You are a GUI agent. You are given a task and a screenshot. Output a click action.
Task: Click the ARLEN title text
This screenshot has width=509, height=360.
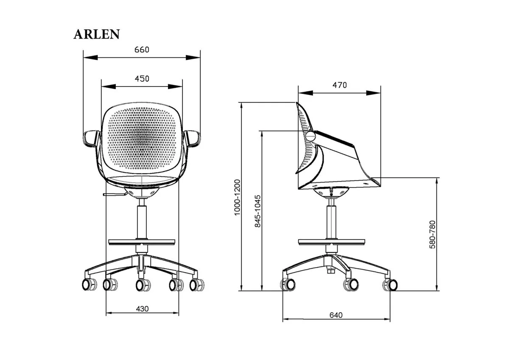[x=97, y=34]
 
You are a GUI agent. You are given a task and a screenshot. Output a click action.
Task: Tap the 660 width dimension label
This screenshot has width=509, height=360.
[x=142, y=50]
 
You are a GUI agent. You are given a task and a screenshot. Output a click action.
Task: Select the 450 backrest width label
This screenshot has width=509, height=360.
[x=142, y=79]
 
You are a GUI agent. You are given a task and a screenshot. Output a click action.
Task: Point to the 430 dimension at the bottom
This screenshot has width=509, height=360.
[x=142, y=309]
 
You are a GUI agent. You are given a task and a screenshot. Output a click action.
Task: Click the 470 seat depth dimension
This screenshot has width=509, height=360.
[x=340, y=85]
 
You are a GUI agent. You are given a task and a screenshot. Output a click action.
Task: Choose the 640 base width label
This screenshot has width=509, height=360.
[x=336, y=315]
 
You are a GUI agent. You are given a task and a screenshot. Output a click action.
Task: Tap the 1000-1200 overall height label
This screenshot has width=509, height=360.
[x=237, y=197]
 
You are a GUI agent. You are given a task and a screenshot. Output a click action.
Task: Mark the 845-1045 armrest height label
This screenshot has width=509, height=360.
[x=258, y=211]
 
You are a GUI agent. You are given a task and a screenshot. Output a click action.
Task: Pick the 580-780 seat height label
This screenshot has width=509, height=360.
[x=432, y=234]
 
